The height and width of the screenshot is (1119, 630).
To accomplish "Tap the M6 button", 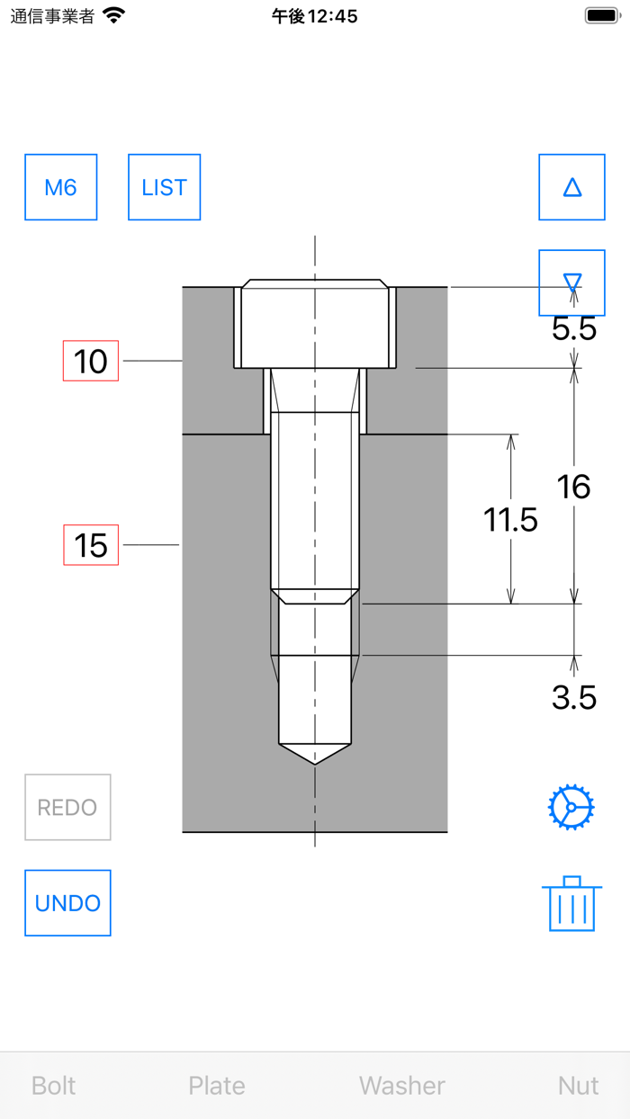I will (60, 187).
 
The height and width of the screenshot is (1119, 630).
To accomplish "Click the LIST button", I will (164, 187).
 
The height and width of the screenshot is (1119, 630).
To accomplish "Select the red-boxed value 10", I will (90, 361).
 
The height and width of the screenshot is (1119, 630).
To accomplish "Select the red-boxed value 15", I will (90, 545).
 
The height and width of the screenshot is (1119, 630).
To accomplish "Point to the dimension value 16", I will (574, 487).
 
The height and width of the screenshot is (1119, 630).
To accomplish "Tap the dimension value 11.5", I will (510, 519).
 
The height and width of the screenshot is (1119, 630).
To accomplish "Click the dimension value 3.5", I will (574, 697).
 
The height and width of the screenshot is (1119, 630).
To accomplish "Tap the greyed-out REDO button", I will (67, 807).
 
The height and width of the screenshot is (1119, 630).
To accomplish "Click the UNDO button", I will (67, 902).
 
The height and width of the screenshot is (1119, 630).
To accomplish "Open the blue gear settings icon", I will (571, 807).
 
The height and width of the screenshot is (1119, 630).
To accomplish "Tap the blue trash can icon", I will (571, 904).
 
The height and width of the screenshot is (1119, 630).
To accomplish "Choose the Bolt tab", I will (54, 1086).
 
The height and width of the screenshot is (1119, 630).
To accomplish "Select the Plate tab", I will (217, 1086).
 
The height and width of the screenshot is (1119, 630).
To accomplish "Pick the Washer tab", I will (402, 1086).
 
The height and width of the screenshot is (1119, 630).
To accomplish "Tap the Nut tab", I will (578, 1086).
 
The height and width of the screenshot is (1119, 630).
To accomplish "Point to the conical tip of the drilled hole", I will (315, 754).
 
